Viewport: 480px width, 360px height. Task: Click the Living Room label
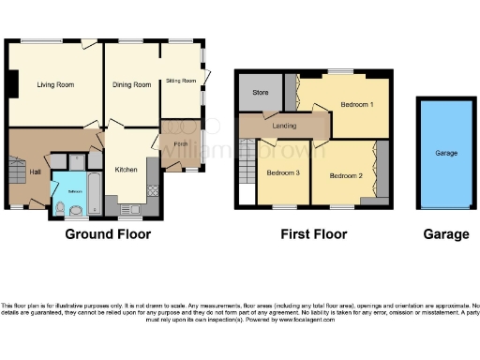(x=55, y=85)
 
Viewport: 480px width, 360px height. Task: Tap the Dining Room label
(x=132, y=85)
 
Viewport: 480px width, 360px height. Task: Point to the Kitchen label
(x=127, y=170)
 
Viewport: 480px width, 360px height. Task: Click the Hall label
(x=35, y=172)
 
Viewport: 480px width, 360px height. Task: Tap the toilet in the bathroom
(x=61, y=208)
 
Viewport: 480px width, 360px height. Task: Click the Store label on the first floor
(x=259, y=93)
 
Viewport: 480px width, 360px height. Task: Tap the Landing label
(x=284, y=126)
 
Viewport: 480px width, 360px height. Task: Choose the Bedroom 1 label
(x=357, y=103)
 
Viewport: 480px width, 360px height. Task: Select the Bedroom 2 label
(x=346, y=174)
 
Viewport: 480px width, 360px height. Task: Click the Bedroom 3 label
(x=283, y=174)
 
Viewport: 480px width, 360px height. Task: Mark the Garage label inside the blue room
(x=445, y=152)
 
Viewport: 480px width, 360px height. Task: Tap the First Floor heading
(x=313, y=234)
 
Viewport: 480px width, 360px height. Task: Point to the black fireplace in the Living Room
(x=11, y=85)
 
